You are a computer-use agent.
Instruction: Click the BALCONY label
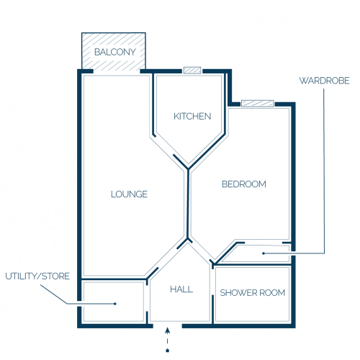point(115,52)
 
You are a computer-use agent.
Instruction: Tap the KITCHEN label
point(192,117)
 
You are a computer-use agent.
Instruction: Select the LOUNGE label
point(129,194)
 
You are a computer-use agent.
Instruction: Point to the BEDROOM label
point(244,184)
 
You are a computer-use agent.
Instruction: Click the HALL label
point(181,289)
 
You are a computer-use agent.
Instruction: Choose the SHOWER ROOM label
point(253,293)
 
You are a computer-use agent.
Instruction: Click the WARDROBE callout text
point(324,81)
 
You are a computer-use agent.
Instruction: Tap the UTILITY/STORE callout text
point(37,276)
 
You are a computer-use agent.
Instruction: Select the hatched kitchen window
point(192,70)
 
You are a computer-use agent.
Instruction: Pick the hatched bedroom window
point(258,104)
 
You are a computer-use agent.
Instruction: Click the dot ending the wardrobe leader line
point(264,253)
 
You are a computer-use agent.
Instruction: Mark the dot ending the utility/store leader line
point(115,304)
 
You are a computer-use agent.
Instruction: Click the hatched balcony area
point(114,51)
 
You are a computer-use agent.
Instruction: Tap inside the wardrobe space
point(257,253)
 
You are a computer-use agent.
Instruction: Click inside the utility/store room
point(114,302)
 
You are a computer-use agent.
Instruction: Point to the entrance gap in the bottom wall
point(168,326)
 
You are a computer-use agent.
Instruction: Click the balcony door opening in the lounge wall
point(117,71)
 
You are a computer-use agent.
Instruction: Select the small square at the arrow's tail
point(168,351)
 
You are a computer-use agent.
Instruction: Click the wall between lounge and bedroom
point(188,204)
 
